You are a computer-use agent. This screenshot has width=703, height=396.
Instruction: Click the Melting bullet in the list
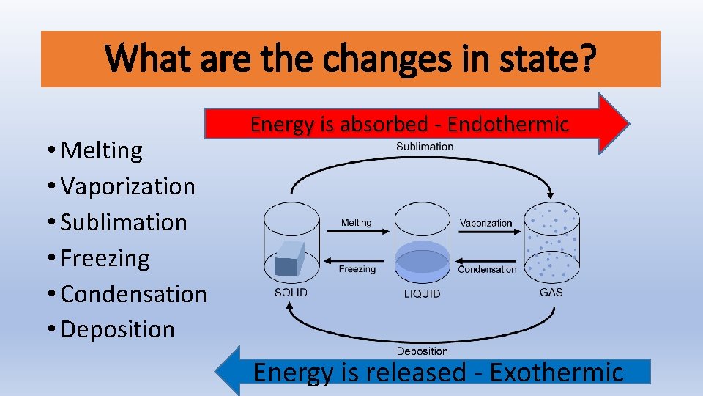coord(102,150)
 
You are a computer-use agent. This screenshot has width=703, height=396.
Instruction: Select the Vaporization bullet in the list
coord(128,186)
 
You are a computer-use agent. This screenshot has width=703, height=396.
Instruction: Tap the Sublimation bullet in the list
coord(124,222)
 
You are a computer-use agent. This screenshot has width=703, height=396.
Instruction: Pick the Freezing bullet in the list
coord(105,258)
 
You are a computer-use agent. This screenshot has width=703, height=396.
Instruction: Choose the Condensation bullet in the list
coord(134,294)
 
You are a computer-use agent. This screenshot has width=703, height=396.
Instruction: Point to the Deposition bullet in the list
coord(118,330)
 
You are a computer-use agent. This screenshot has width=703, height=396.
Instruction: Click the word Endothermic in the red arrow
coord(508,125)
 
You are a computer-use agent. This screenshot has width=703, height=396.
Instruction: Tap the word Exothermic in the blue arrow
coord(557,373)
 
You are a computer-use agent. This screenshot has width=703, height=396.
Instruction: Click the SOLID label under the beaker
coord(291,293)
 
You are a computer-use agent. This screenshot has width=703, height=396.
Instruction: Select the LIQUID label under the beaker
coord(423,293)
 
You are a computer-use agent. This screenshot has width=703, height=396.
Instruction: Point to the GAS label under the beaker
coord(551,292)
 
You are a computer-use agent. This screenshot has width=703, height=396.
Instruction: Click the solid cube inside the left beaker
coord(290,258)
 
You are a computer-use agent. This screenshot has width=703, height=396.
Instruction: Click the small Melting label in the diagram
coord(357,223)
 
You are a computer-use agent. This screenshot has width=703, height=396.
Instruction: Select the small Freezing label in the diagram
coord(357,269)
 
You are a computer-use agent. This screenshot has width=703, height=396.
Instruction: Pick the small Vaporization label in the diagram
coord(486,223)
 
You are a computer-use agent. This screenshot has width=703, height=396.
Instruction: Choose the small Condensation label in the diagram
coord(487,269)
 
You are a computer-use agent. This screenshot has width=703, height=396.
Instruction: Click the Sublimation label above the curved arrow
coord(425,147)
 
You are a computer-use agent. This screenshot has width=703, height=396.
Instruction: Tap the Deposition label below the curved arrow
coord(423,352)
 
